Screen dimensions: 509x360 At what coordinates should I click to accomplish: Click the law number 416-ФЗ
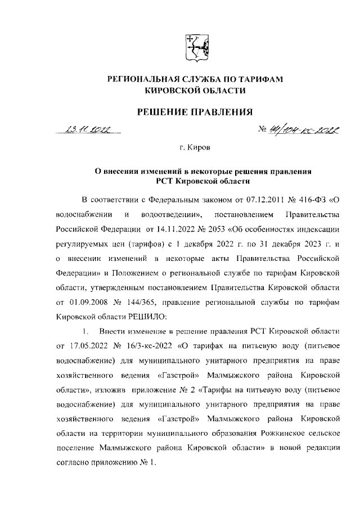[x=304, y=200]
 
